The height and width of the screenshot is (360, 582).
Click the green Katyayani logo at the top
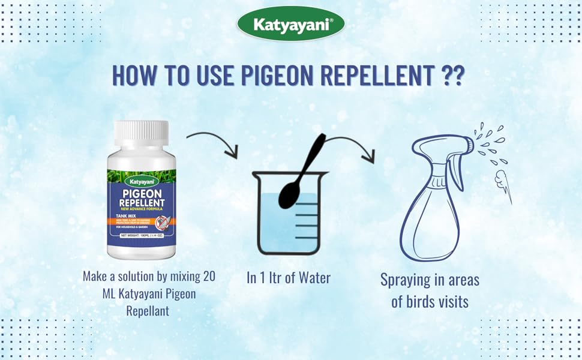point(290,24)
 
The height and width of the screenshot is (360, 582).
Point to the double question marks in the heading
point(453,76)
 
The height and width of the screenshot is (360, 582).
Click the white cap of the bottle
point(142,135)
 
